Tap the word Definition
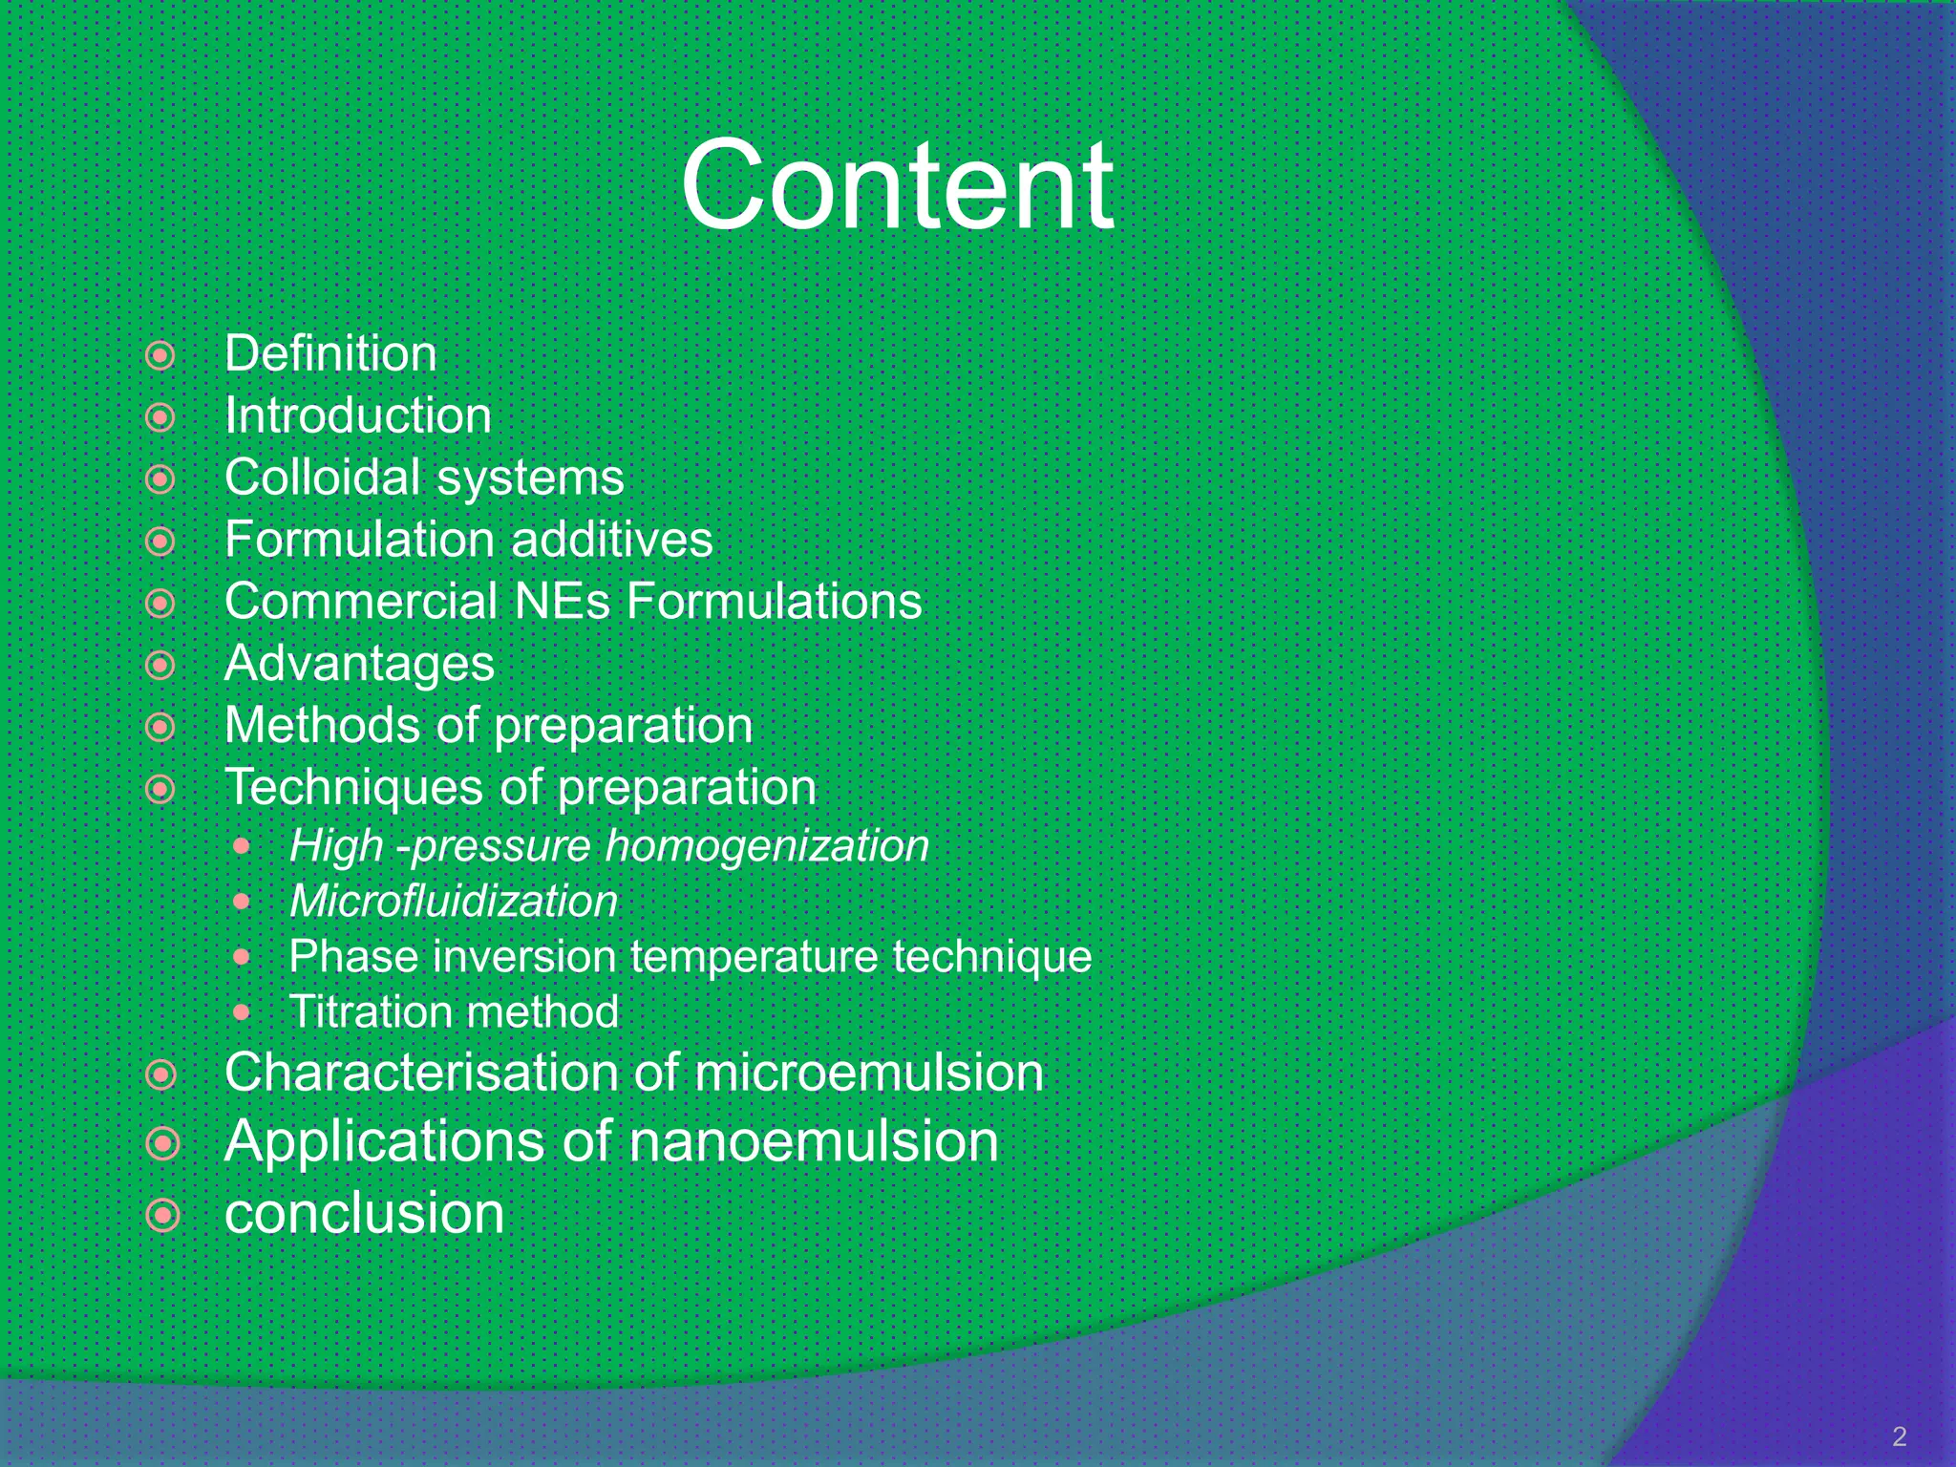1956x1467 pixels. click(x=330, y=354)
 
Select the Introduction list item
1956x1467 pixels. click(x=358, y=416)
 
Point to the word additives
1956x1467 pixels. click(x=611, y=540)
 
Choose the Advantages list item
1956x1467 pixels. click(x=359, y=664)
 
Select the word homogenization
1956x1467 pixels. click(x=767, y=846)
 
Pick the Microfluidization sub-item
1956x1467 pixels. click(x=454, y=902)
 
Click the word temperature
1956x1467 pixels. click(x=754, y=957)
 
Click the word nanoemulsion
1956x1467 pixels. click(x=814, y=1141)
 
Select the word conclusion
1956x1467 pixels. click(x=364, y=1214)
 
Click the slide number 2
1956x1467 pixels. click(x=1899, y=1436)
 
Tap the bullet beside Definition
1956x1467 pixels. click(x=160, y=356)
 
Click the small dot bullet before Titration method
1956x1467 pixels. click(x=243, y=1012)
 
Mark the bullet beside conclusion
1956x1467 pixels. click(x=163, y=1216)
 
